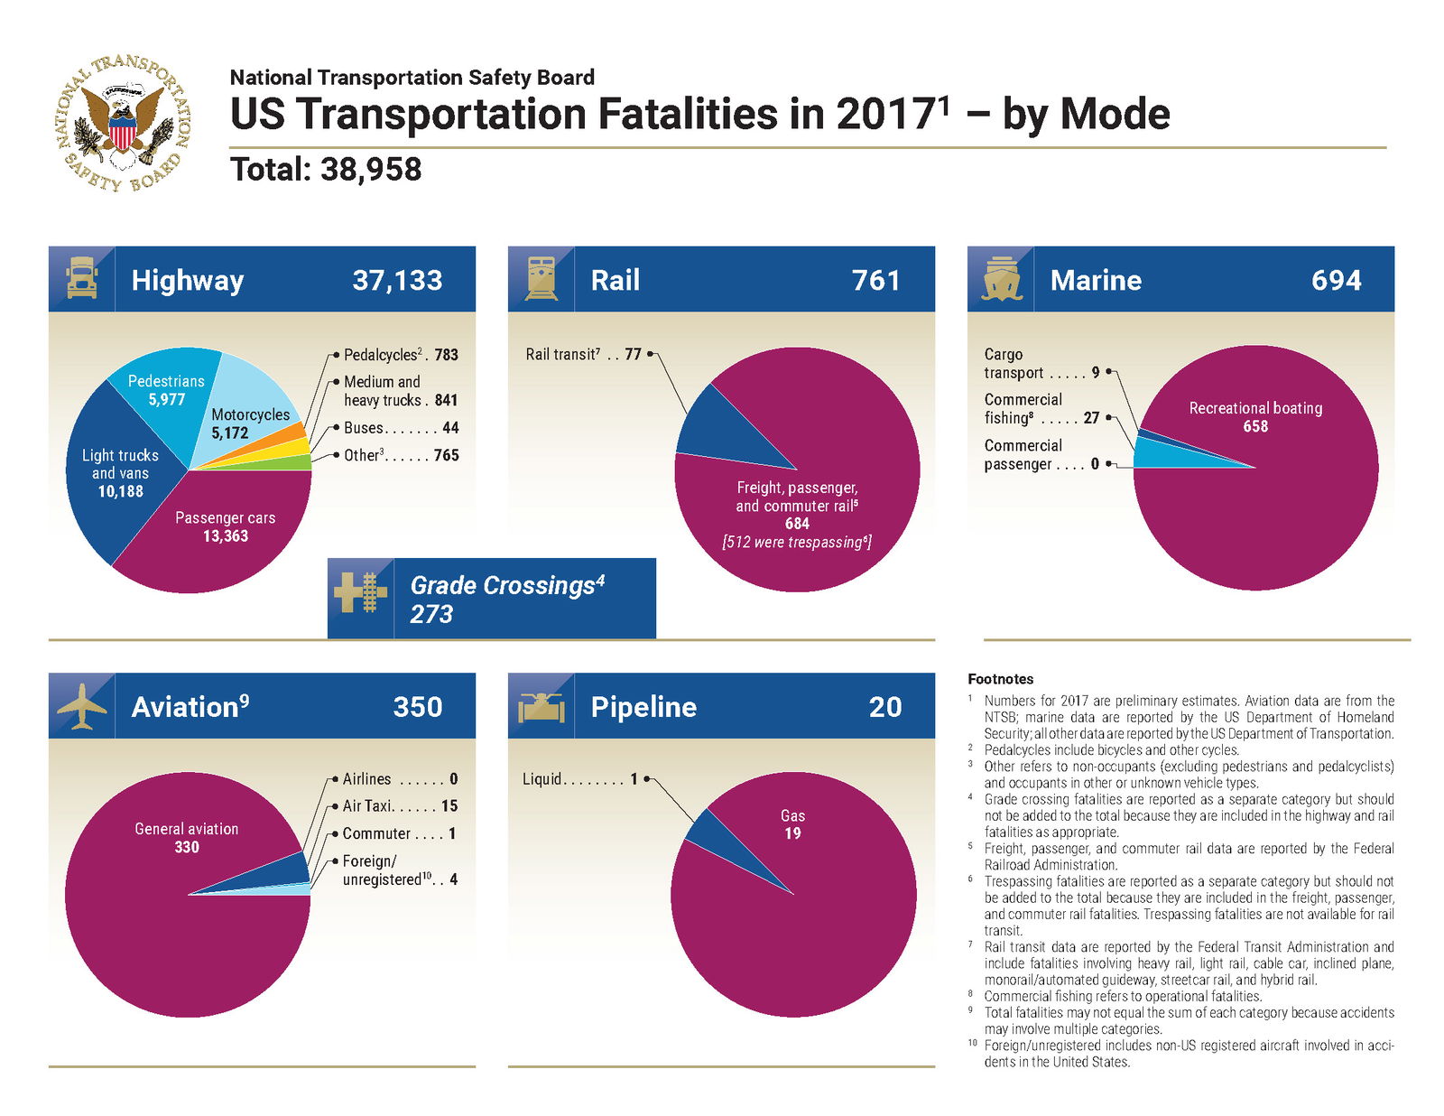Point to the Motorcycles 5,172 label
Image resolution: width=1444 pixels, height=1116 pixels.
point(249,423)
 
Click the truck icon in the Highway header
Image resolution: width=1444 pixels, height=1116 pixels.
point(81,279)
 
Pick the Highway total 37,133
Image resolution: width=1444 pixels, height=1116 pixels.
point(397,280)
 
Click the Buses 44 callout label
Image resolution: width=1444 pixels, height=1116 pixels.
point(400,428)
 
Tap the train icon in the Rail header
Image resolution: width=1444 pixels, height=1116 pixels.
point(541,279)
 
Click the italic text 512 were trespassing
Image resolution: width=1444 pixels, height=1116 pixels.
point(796,543)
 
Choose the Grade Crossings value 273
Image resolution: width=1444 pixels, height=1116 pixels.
point(431,614)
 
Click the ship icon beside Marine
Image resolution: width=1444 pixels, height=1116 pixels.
point(1000,279)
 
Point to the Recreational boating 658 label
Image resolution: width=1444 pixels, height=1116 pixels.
point(1254,416)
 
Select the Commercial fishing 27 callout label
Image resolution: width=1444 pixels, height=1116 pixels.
point(1041,409)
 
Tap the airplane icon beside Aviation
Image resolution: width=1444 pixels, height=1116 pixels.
point(81,706)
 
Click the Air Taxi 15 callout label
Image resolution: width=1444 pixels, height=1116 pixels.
point(400,806)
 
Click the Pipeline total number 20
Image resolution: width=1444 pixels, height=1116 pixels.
point(884,707)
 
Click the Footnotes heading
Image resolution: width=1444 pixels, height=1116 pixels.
point(1000,679)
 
